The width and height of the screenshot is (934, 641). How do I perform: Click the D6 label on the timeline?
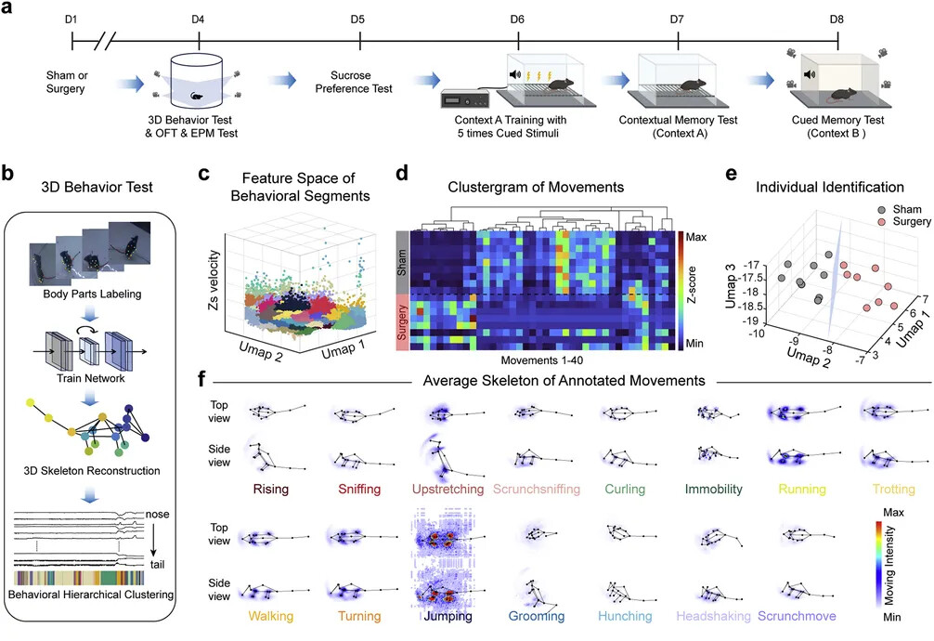[x=518, y=19]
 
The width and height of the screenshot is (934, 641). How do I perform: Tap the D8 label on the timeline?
[x=838, y=19]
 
